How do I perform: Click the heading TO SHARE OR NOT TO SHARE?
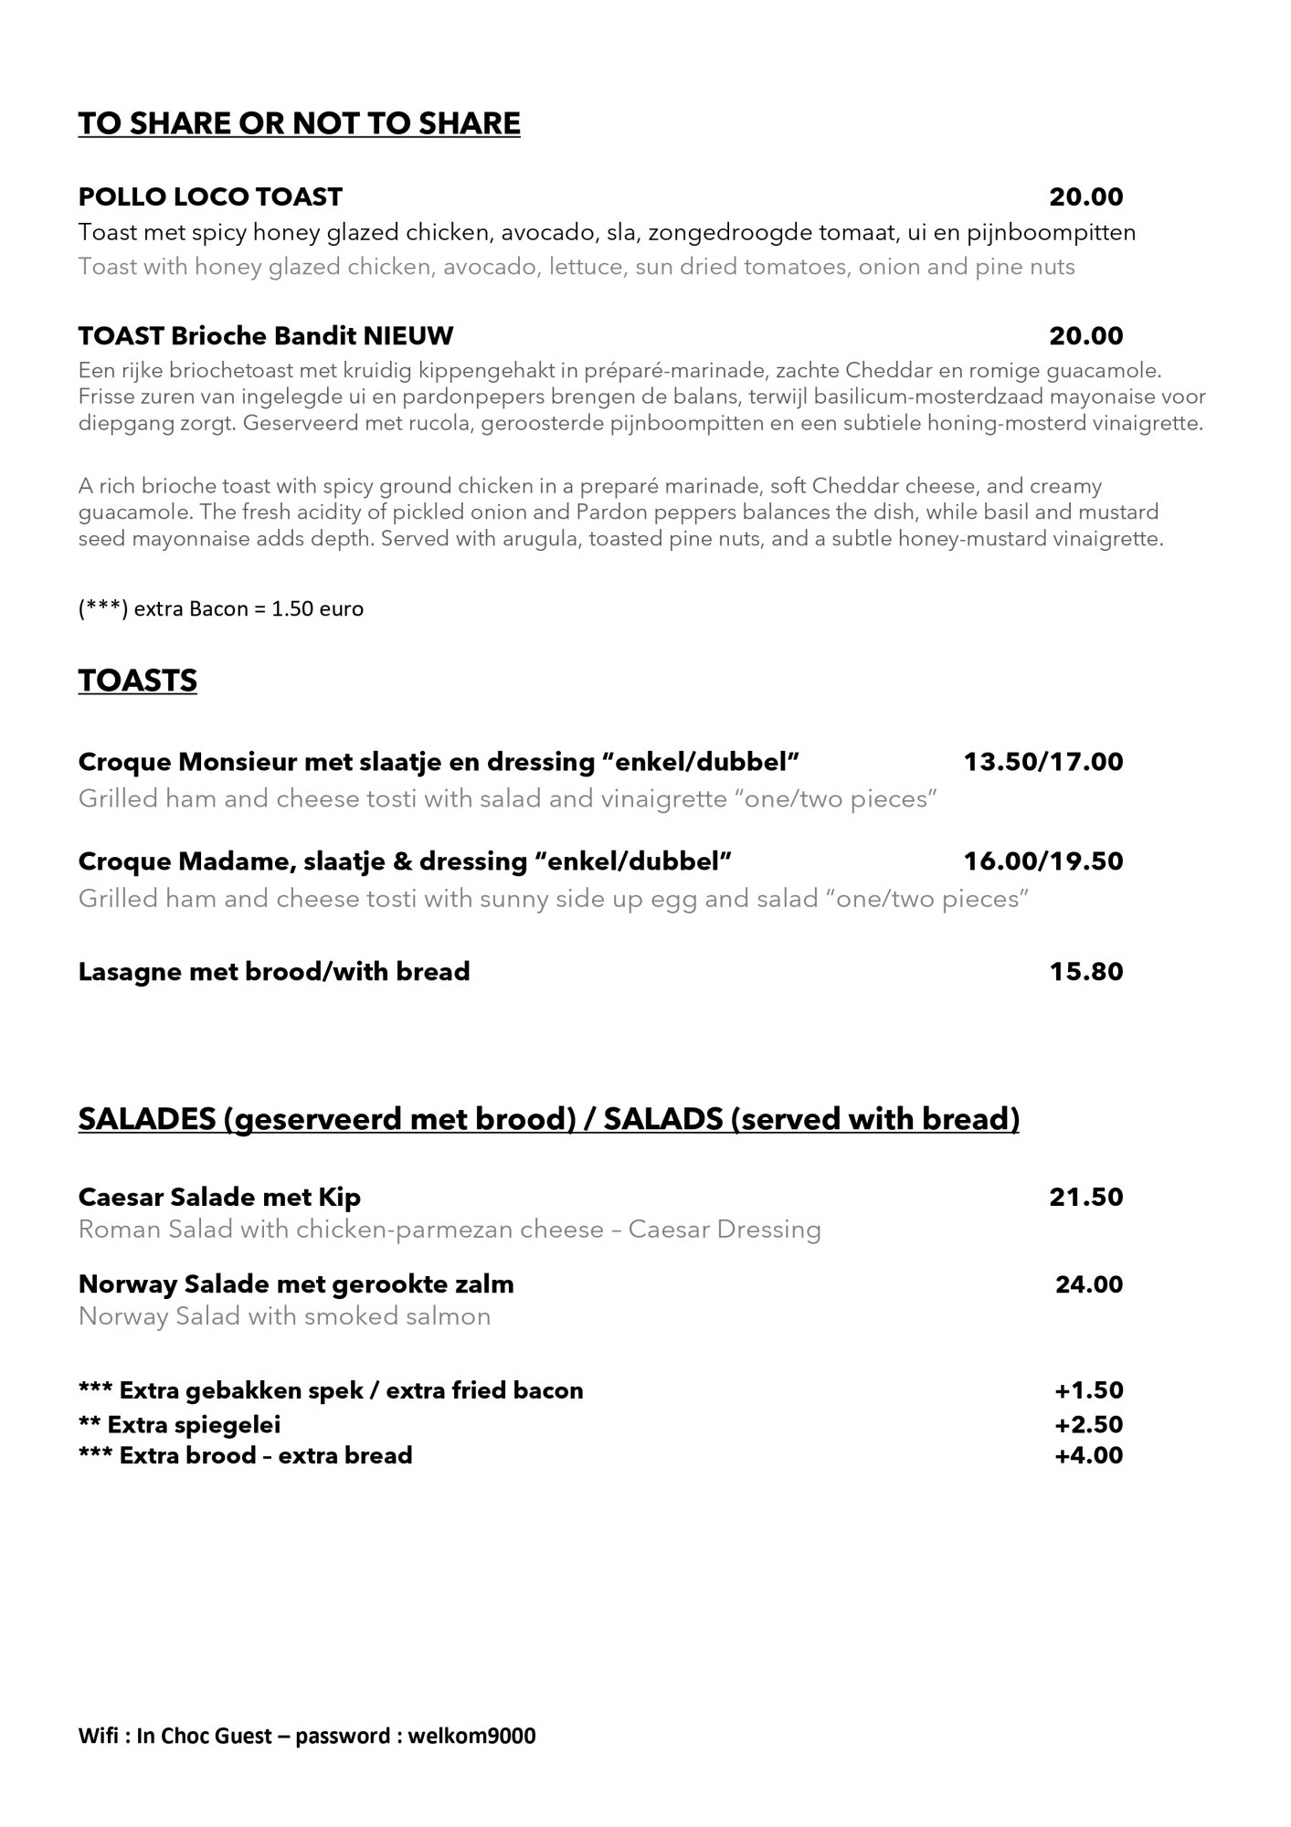[299, 123]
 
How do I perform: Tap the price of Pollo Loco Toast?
[1085, 196]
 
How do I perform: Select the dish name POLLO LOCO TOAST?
[210, 196]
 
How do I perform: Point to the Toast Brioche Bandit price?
[1085, 336]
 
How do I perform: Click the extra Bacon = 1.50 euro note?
[220, 608]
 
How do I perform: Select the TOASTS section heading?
[137, 681]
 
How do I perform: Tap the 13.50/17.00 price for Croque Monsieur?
[1042, 762]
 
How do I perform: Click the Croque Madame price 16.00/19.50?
[1042, 861]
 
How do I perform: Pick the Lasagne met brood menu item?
[274, 971]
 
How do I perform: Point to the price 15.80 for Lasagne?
[1085, 971]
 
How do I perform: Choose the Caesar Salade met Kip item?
[219, 1197]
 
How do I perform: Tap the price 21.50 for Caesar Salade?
[1085, 1197]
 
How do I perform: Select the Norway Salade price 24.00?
[1088, 1284]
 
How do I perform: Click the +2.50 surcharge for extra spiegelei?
[1088, 1424]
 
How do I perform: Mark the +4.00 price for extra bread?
[1088, 1455]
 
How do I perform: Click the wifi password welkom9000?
[471, 1736]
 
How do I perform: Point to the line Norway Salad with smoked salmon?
[284, 1316]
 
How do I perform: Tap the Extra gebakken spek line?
[330, 1390]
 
